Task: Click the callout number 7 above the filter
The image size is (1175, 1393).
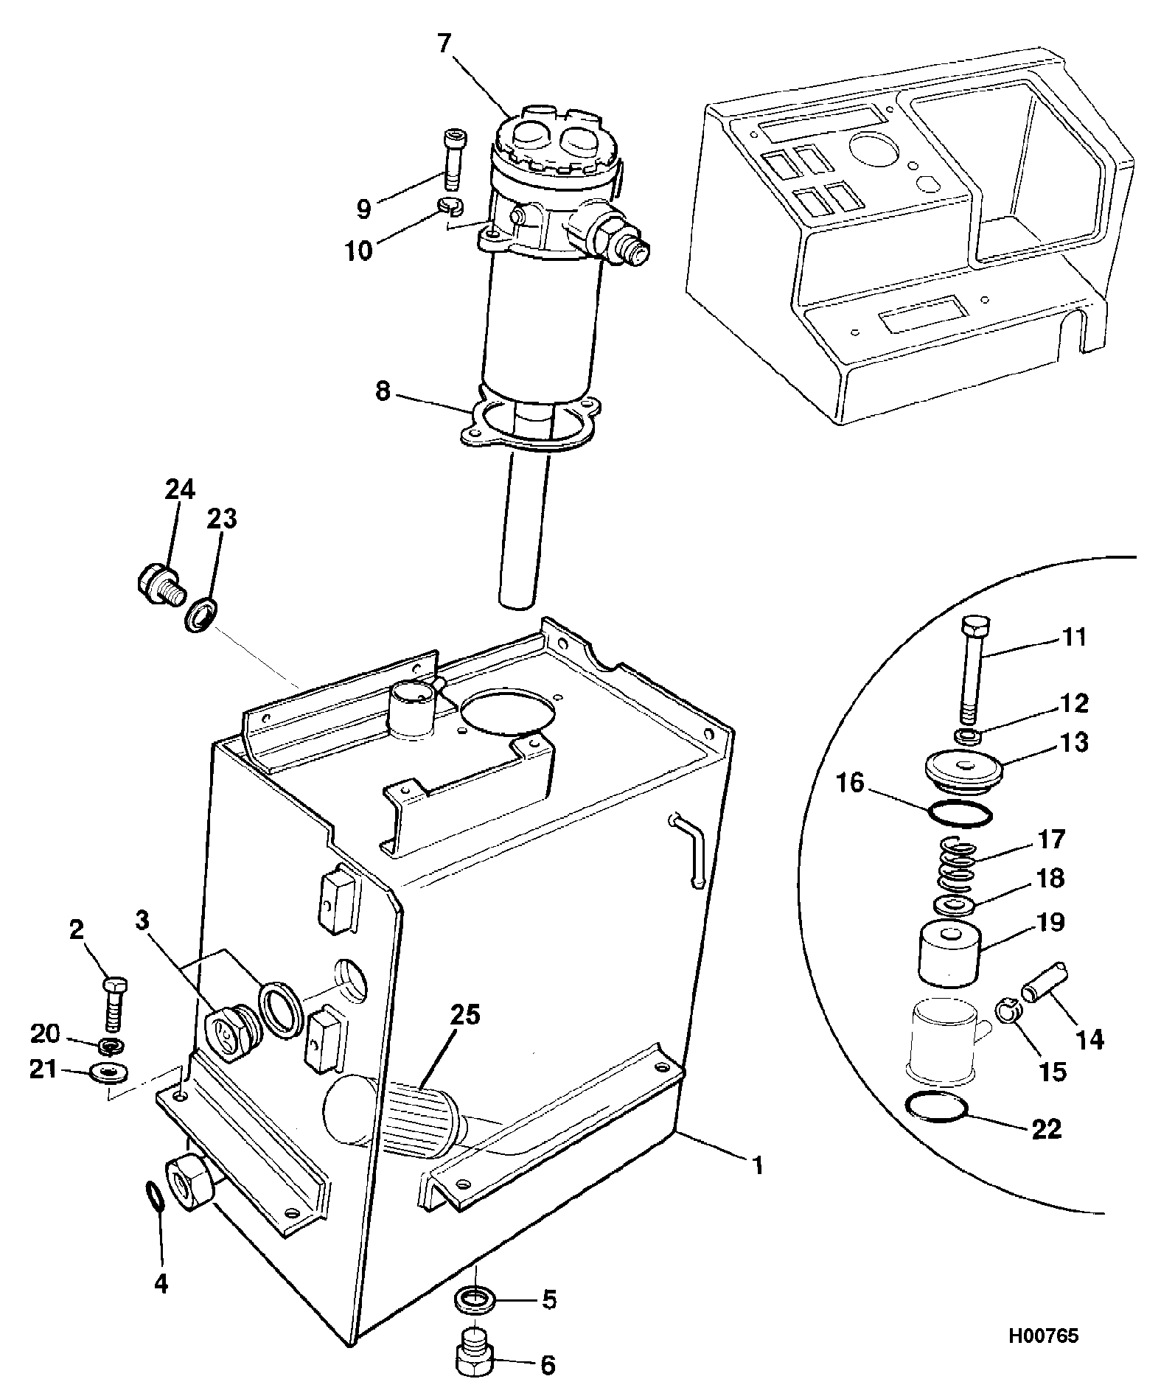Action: pos(443,44)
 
